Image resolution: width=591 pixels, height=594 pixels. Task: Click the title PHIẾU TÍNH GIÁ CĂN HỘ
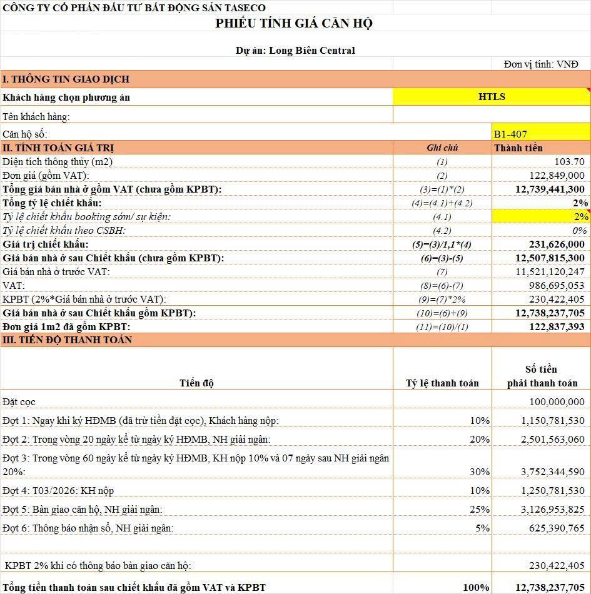click(294, 24)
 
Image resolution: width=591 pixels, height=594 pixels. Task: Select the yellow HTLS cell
click(492, 97)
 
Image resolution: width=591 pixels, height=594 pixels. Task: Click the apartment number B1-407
click(510, 134)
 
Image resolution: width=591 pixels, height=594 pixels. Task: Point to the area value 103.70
click(570, 161)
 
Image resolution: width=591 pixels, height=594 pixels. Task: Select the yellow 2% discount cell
click(541, 216)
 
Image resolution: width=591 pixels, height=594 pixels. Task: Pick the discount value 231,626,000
click(553, 244)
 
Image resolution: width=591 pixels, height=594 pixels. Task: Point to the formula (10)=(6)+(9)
click(442, 313)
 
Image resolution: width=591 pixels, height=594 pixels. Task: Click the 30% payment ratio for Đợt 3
click(480, 471)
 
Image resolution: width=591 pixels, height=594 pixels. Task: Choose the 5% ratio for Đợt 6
click(482, 528)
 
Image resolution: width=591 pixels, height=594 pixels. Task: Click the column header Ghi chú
click(442, 148)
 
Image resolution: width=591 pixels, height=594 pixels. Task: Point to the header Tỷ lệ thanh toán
click(442, 383)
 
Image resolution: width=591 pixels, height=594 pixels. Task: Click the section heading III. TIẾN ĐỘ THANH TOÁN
click(68, 340)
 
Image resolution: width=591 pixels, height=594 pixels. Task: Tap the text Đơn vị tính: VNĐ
click(541, 64)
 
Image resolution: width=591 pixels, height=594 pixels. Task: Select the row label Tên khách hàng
click(36, 116)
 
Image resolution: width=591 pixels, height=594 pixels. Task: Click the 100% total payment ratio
click(477, 587)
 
